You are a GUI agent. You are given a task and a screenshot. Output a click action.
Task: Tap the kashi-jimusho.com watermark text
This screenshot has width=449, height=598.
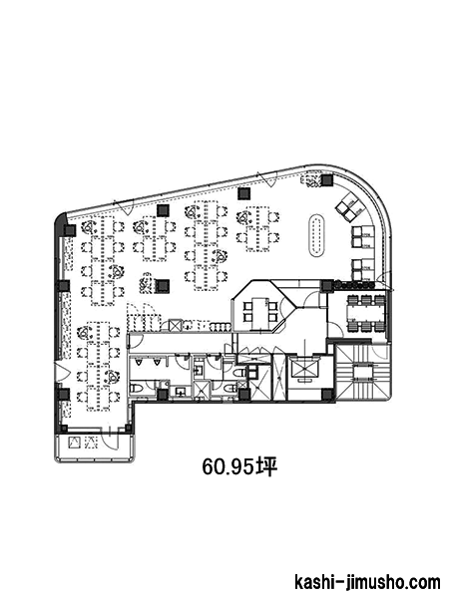[367, 583]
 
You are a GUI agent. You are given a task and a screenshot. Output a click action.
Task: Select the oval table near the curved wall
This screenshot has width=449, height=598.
[317, 235]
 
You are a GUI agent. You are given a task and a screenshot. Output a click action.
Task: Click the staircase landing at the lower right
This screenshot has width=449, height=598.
[362, 372]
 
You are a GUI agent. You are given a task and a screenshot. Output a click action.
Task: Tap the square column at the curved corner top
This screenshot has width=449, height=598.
[327, 180]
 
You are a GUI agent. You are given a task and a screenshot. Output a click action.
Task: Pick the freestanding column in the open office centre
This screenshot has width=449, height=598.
[164, 286]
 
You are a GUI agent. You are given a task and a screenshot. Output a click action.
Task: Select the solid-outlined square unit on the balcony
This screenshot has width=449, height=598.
[74, 443]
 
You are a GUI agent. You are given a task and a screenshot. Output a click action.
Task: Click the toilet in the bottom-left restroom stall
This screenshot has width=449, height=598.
[137, 389]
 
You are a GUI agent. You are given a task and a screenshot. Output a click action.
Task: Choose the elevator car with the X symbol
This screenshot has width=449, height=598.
[304, 368]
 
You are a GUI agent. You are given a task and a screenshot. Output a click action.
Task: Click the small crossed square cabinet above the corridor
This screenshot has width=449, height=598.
[175, 325]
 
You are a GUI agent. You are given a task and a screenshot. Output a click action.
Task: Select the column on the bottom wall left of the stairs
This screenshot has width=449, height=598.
[326, 395]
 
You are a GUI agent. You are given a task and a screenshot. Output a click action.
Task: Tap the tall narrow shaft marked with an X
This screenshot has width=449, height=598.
[279, 377]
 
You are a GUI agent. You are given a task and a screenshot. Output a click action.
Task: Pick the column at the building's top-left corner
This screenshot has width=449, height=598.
[70, 230]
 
